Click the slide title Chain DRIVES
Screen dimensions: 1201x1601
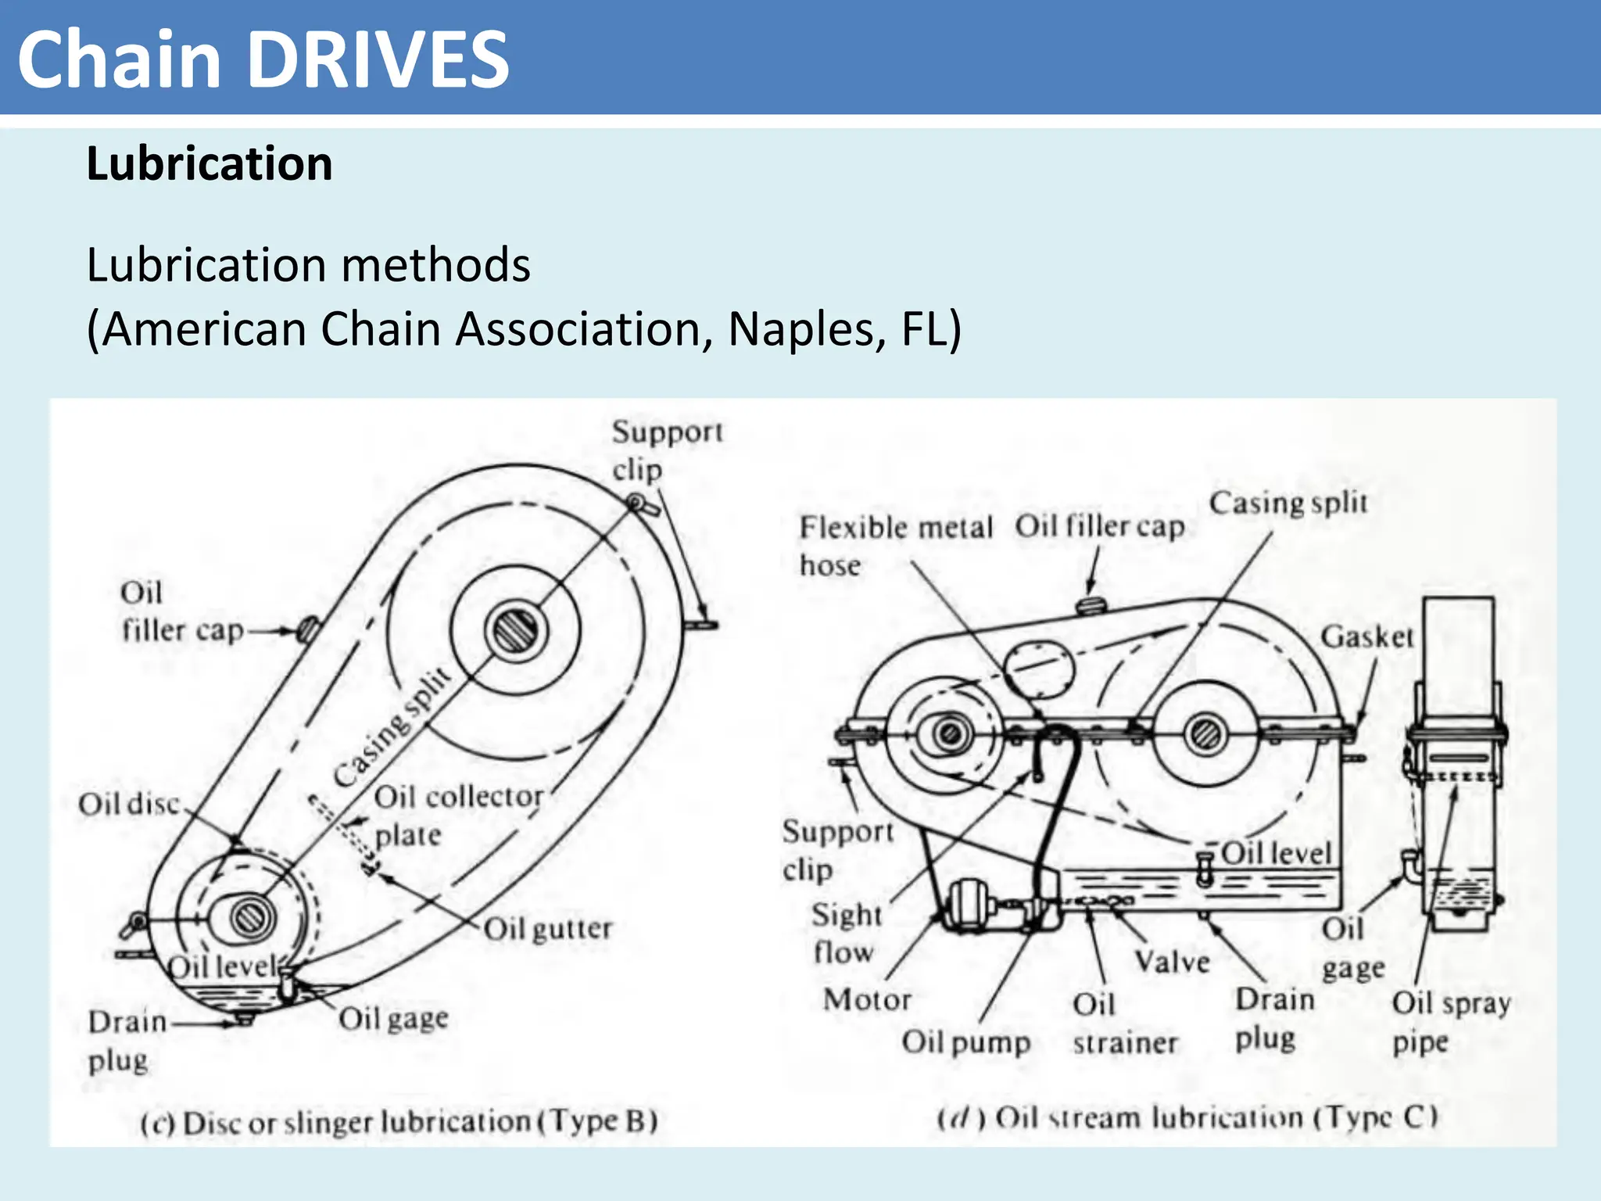pyautogui.click(x=263, y=59)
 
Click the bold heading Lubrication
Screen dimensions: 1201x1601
pyautogui.click(x=210, y=164)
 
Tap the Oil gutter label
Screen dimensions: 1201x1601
pyautogui.click(x=547, y=929)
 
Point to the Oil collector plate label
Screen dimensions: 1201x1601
pyautogui.click(x=457, y=815)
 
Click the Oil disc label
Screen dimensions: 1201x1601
pyautogui.click(x=129, y=804)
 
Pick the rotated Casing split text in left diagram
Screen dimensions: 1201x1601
pyautogui.click(x=392, y=726)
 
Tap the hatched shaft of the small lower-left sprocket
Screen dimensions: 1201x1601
pyautogui.click(x=252, y=916)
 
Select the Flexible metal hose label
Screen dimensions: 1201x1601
pyautogui.click(x=894, y=545)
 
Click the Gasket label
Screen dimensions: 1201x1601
pyautogui.click(x=1366, y=636)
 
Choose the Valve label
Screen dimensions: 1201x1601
pyautogui.click(x=1171, y=961)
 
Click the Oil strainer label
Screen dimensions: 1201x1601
pyautogui.click(x=1124, y=1023)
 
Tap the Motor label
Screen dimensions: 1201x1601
pyautogui.click(x=867, y=999)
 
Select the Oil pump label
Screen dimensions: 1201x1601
pyautogui.click(x=965, y=1041)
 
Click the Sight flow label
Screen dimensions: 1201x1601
pyautogui.click(x=846, y=933)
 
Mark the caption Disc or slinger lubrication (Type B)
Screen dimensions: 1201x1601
pyautogui.click(x=399, y=1122)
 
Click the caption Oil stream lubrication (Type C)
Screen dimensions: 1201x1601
pyautogui.click(x=1187, y=1117)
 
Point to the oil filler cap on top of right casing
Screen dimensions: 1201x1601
pyautogui.click(x=1090, y=604)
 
